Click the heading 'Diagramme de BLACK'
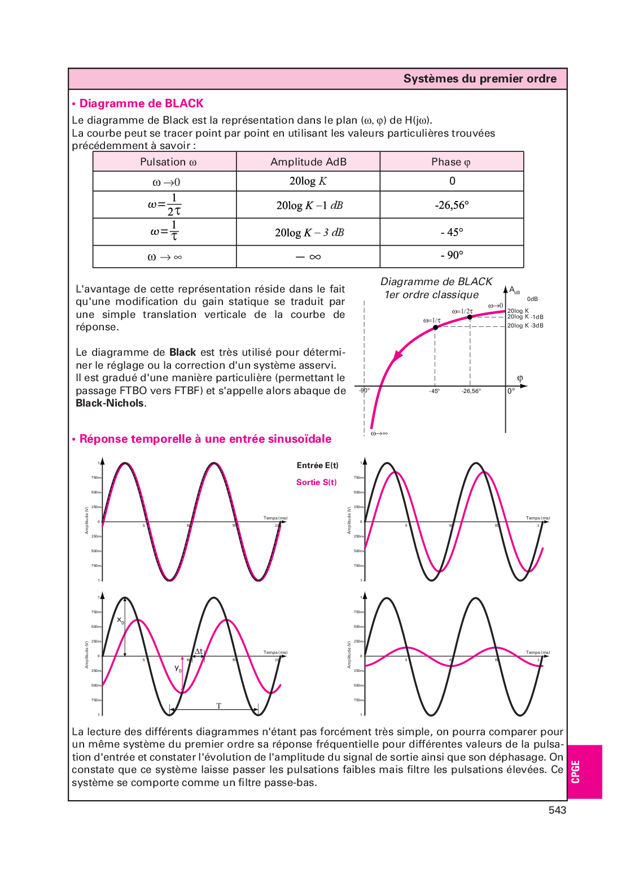[x=141, y=103]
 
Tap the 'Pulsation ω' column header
[x=168, y=162]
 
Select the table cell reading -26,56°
[x=452, y=205]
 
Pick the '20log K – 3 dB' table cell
[x=309, y=232]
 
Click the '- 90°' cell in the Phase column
[x=452, y=255]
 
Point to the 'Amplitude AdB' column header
[x=308, y=162]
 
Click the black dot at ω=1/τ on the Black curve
[x=435, y=327]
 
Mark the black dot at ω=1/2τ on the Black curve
[x=470, y=317]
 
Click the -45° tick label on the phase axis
[x=434, y=391]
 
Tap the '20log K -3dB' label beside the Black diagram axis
[x=525, y=326]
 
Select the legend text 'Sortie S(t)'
[x=316, y=482]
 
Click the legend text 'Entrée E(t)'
[x=317, y=465]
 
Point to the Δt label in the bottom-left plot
[x=199, y=651]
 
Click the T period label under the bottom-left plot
[x=218, y=706]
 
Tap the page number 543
[x=557, y=810]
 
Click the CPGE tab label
[x=576, y=771]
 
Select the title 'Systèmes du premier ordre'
[x=480, y=79]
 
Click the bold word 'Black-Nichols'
[x=110, y=403]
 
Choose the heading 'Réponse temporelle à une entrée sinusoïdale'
[x=205, y=439]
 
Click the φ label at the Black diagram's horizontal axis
[x=520, y=378]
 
